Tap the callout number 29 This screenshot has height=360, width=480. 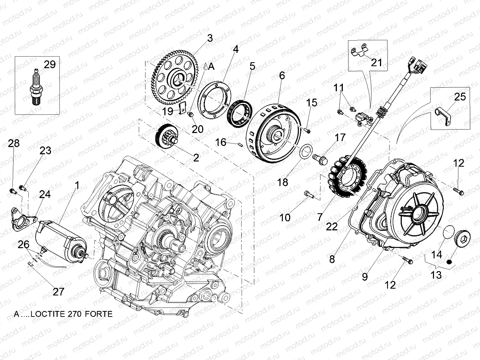(x=49, y=65)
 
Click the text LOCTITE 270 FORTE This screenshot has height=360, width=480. (x=63, y=314)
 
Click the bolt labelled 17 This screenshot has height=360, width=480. (x=320, y=158)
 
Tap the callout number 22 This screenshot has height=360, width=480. (x=332, y=226)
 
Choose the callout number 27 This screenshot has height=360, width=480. (x=58, y=291)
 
